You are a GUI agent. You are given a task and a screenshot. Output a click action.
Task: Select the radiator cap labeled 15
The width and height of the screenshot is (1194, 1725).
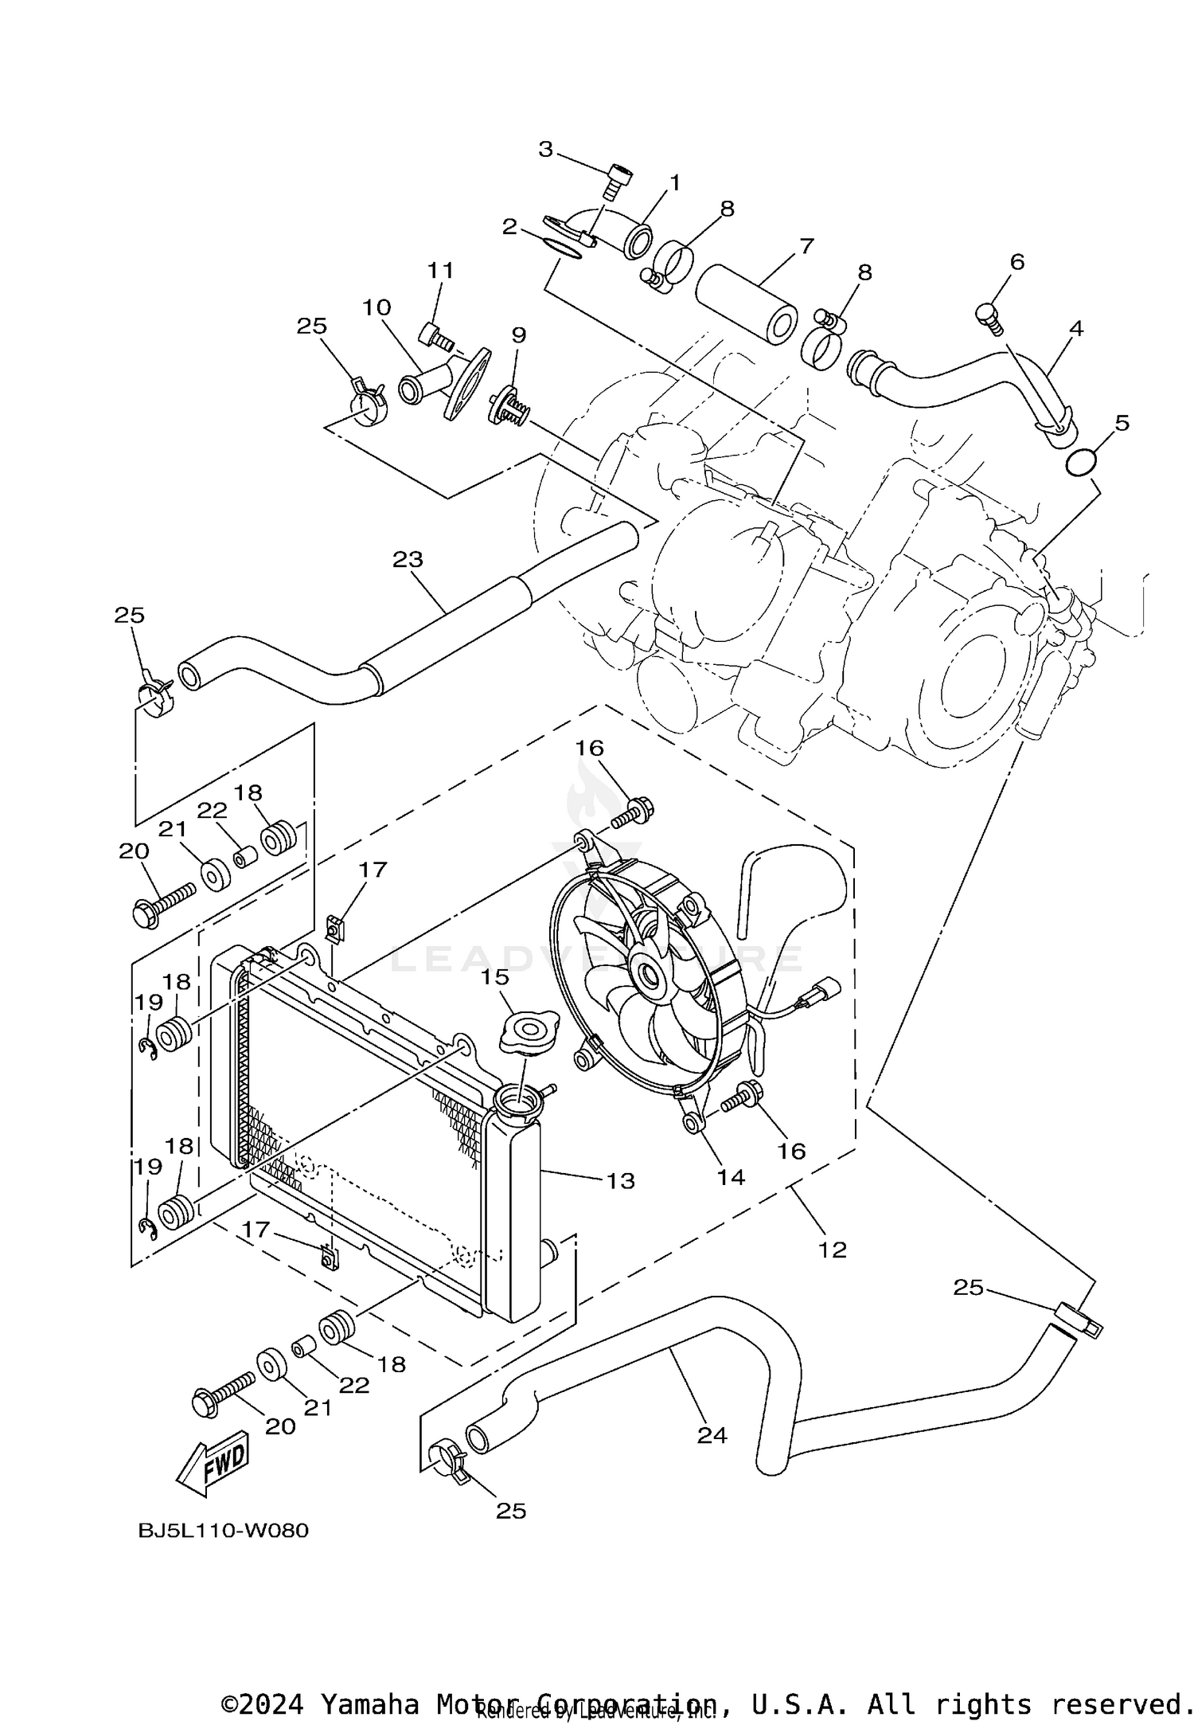point(526,1034)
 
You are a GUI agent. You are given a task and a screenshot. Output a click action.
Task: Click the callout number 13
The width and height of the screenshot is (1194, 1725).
point(620,1181)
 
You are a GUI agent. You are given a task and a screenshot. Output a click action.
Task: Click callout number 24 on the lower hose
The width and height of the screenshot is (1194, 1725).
point(712,1435)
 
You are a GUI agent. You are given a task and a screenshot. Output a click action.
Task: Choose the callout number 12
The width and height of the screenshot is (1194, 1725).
point(833,1250)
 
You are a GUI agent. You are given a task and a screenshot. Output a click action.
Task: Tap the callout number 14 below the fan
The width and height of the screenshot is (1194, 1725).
point(730,1177)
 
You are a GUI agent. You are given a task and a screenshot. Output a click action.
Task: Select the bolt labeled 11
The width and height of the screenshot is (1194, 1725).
point(435,336)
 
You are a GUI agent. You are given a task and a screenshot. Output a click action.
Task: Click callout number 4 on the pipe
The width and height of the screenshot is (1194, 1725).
point(1076,327)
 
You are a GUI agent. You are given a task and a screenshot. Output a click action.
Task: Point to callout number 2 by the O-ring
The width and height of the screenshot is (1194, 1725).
point(509,227)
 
